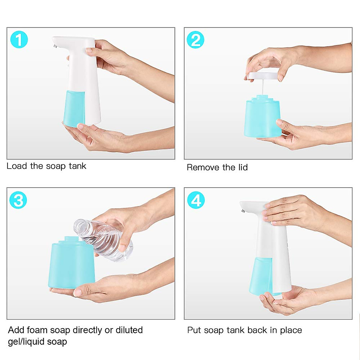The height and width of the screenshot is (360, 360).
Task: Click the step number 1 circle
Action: [x=19, y=40]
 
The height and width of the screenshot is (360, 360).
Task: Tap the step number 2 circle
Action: [x=195, y=40]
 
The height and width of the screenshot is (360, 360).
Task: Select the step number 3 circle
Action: [x=18, y=200]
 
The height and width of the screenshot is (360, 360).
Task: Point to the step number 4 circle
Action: [x=196, y=200]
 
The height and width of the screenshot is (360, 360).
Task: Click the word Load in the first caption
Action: [x=17, y=166]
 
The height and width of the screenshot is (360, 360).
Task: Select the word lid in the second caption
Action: [x=243, y=167]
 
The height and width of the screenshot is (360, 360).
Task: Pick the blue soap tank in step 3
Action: [x=72, y=264]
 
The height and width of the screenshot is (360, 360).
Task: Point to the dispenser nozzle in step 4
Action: [x=243, y=211]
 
